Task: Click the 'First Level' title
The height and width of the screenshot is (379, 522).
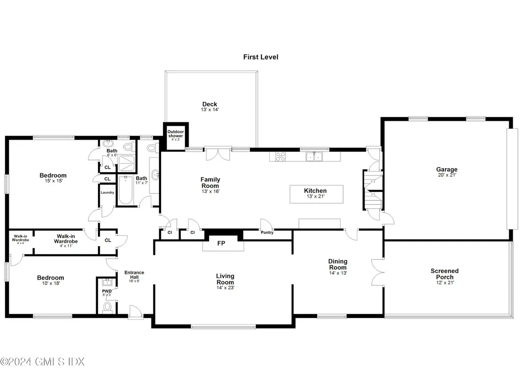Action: (x=260, y=57)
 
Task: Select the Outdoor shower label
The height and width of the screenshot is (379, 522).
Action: (x=175, y=134)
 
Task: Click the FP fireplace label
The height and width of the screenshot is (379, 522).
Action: (x=221, y=243)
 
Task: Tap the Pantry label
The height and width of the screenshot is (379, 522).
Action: (x=267, y=233)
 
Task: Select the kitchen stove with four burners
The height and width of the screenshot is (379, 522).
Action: (x=280, y=156)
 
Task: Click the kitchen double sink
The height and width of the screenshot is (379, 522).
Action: (x=314, y=156)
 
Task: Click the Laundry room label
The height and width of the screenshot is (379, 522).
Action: (x=107, y=193)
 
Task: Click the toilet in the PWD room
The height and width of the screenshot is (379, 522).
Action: (x=107, y=307)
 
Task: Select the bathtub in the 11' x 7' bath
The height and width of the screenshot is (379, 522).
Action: (x=125, y=192)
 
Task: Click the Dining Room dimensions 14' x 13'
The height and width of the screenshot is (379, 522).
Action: (x=338, y=273)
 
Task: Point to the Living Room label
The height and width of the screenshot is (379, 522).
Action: (x=225, y=279)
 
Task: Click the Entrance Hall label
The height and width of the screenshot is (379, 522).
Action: (x=135, y=276)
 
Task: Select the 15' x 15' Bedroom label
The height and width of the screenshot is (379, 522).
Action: (x=53, y=178)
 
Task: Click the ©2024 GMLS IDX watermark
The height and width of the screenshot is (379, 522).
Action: (x=42, y=362)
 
